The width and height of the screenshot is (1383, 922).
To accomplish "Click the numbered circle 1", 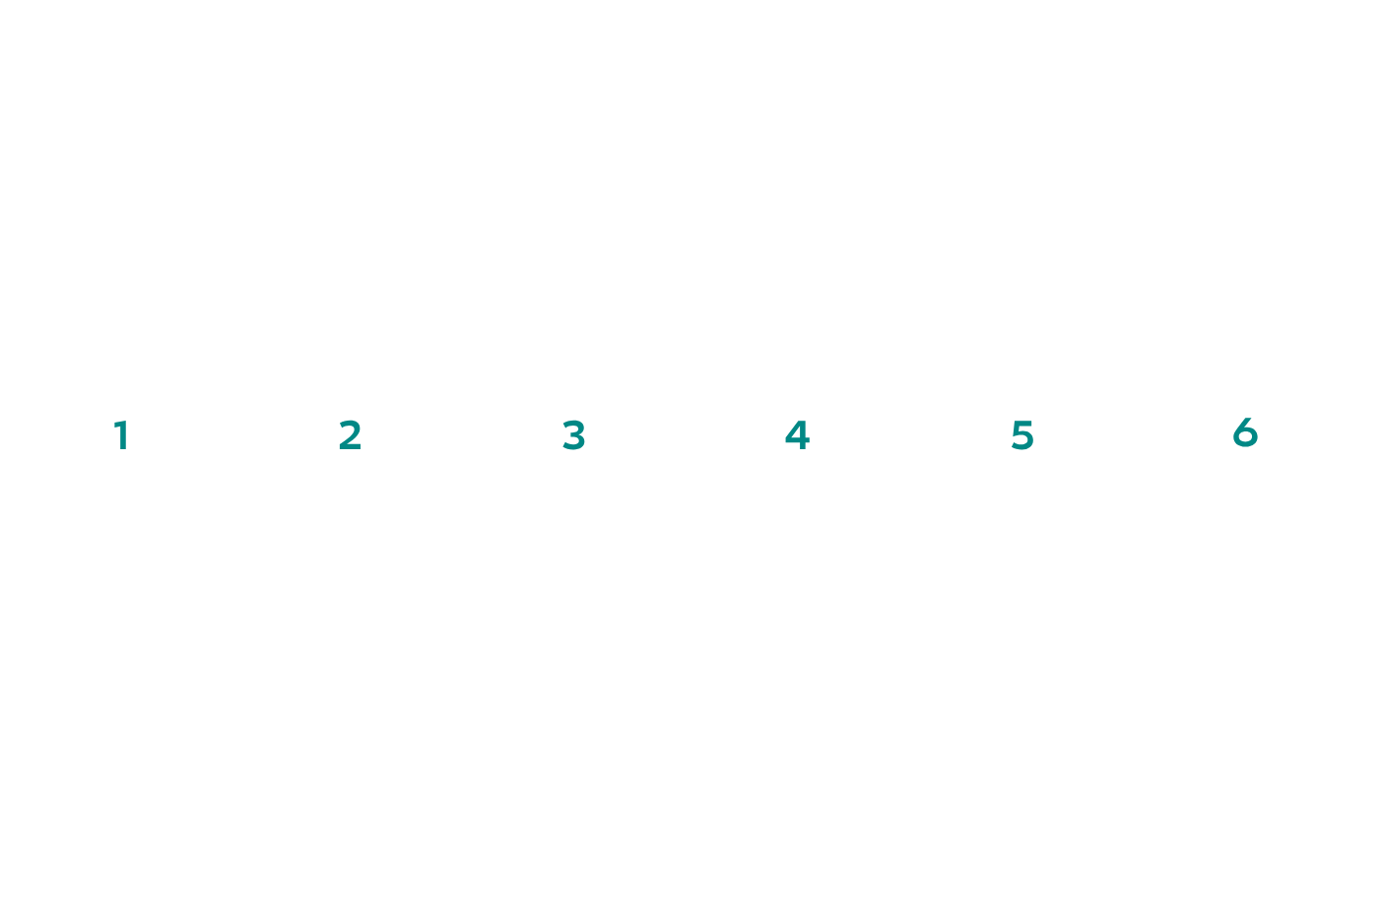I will click(124, 435).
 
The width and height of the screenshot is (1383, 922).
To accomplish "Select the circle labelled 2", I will click(349, 435).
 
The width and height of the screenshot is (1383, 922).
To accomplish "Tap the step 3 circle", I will click(573, 435).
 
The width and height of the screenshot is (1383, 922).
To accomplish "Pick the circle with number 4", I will click(798, 435).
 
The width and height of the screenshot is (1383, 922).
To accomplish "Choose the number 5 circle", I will click(1022, 435).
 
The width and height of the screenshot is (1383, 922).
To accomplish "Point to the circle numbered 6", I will click(1246, 435).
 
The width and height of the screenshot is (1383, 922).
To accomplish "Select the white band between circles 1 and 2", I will click(236, 435).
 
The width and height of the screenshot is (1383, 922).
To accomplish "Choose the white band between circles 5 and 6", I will click(1134, 435).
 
